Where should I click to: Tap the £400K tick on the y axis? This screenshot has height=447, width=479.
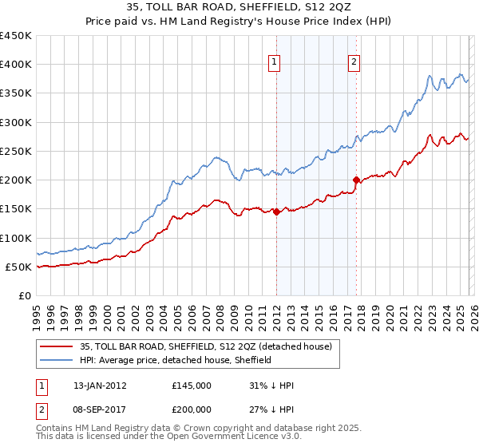[x=16, y=65]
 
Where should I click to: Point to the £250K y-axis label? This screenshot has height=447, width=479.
[x=16, y=151]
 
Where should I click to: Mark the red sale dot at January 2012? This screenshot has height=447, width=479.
[x=276, y=212]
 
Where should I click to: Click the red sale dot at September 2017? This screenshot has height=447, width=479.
[x=356, y=180]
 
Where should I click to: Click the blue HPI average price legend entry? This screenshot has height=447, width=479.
[x=176, y=360]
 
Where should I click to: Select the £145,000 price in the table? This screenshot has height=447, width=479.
[x=192, y=386]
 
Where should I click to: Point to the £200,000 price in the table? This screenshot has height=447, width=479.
[x=192, y=409]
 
